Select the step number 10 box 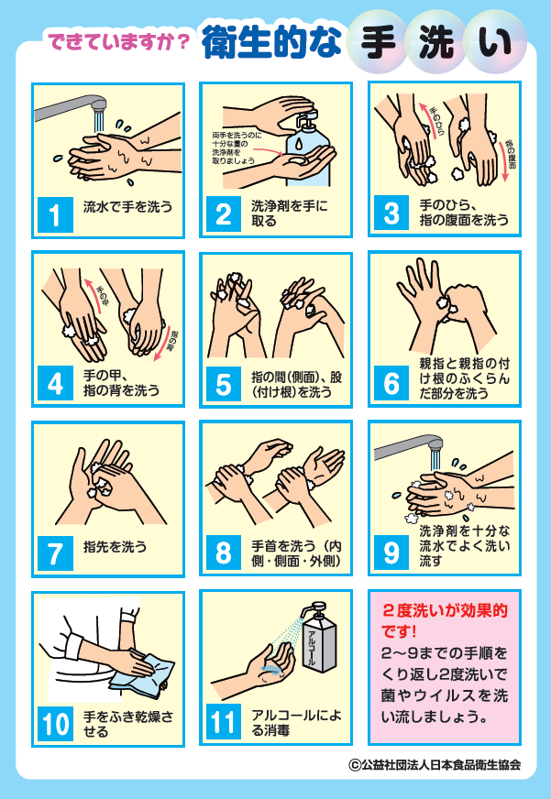click(57, 723)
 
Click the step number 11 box click(225, 723)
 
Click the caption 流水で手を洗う click(127, 207)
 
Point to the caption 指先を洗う click(116, 547)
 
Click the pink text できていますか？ click(118, 41)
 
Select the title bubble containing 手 click(378, 41)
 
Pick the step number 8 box click(225, 553)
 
